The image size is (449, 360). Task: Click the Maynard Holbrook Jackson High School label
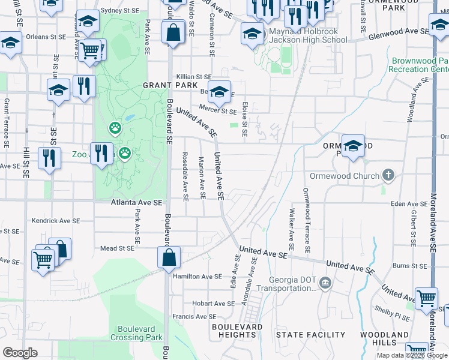[306, 35]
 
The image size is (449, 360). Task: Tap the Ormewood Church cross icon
[388, 176]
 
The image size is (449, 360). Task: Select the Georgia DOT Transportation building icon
[325, 283]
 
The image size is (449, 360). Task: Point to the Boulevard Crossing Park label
[136, 333]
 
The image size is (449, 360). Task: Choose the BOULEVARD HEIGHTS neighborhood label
[237, 331]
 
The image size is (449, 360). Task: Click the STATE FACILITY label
[310, 334]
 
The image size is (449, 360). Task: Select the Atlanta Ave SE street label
[137, 203]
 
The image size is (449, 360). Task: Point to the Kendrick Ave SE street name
[55, 221]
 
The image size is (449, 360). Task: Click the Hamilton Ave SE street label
[197, 277]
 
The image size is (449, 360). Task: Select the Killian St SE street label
[194, 77]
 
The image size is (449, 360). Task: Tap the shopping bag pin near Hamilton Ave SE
[169, 257]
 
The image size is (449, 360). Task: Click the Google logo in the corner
[20, 353]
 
